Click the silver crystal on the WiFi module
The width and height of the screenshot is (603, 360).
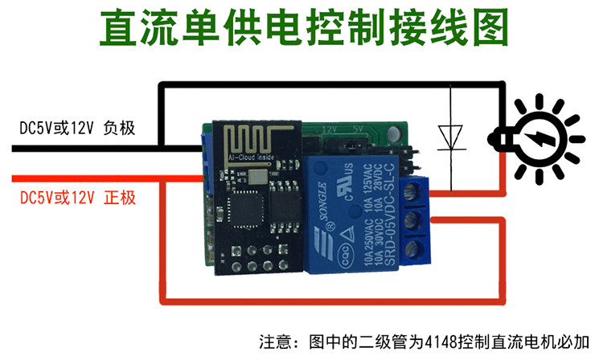coord(259,174)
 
